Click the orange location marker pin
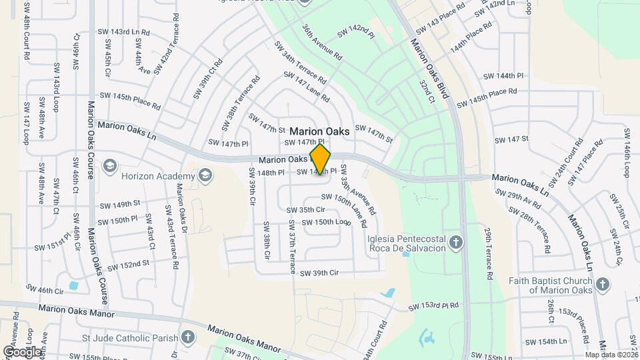coord(321,160)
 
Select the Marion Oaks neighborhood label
coord(319,132)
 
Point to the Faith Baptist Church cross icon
coord(602,285)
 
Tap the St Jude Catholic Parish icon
coord(189,337)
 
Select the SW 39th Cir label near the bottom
coord(319,273)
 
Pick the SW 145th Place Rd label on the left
coord(130,101)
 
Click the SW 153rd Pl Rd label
coord(433,306)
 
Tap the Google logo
coord(21,351)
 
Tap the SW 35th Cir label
coord(305,210)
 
